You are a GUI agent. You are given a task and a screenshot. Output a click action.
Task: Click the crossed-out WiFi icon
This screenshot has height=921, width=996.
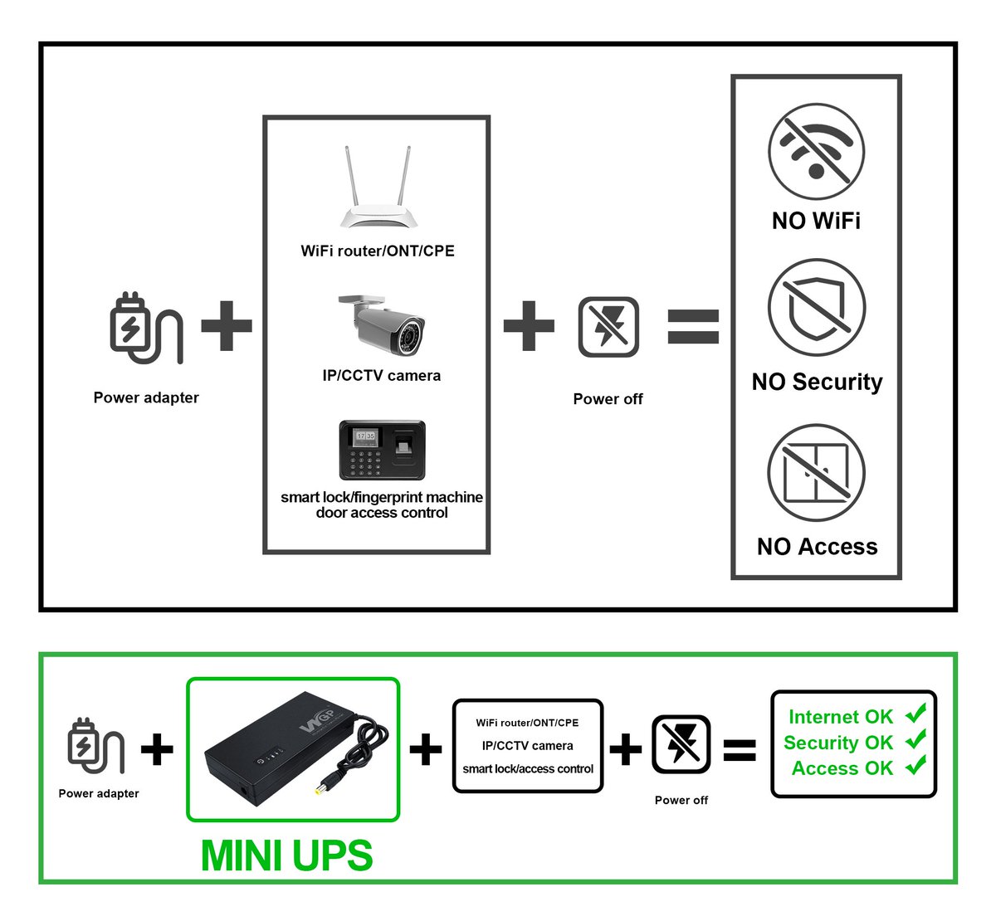[x=816, y=152]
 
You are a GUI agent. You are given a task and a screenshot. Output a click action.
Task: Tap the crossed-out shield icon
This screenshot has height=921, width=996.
[x=817, y=307]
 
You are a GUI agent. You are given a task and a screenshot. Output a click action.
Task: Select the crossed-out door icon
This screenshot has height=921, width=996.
[x=816, y=472]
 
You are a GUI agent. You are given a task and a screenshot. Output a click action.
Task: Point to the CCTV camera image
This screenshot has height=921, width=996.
[x=382, y=325]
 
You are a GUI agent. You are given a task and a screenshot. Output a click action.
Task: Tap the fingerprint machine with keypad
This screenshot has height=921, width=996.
[x=382, y=450]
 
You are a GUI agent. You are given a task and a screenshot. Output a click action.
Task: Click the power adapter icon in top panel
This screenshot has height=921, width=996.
[x=144, y=329]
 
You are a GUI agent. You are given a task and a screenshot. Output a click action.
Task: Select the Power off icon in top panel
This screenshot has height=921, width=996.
[x=608, y=327]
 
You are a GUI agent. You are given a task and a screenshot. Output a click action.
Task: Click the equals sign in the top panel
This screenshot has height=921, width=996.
[x=693, y=327]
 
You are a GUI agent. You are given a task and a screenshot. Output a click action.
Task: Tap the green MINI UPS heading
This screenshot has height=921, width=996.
[x=286, y=855]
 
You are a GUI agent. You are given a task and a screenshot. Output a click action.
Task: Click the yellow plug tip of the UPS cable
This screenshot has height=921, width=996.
[x=320, y=788]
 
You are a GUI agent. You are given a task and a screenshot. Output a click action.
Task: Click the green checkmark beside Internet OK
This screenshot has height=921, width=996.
[x=915, y=714]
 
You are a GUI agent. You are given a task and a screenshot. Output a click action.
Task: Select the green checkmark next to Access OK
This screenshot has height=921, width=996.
[x=915, y=766]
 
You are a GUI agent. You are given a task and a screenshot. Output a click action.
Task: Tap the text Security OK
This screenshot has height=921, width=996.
[x=837, y=743]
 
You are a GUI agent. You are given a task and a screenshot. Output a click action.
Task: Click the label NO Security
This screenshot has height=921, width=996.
[x=817, y=382]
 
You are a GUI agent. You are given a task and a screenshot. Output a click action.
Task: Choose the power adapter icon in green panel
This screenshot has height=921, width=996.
[x=95, y=747]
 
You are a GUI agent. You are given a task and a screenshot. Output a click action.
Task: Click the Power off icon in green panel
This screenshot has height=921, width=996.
[x=681, y=745]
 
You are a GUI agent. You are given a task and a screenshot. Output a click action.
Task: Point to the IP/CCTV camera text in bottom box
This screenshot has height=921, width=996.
[x=528, y=746]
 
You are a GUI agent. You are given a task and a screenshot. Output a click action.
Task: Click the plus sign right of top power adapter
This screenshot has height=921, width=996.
[x=227, y=325]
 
